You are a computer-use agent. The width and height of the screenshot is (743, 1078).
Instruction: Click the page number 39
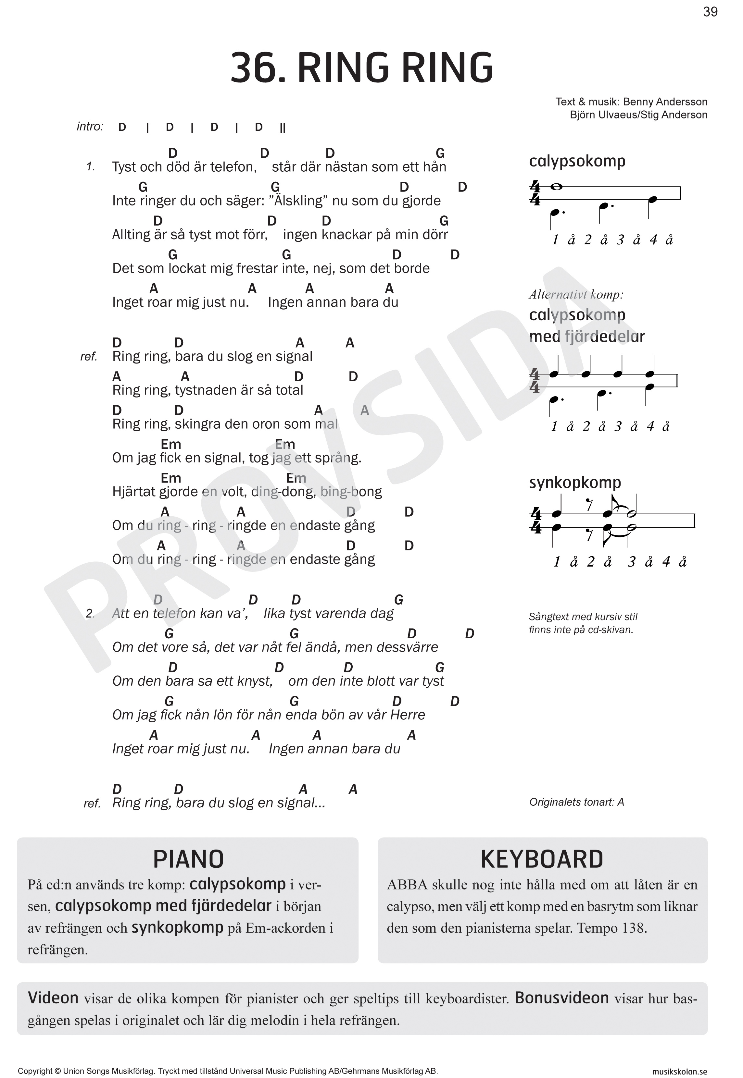pyautogui.click(x=710, y=12)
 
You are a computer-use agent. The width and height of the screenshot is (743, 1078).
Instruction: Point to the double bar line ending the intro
pyautogui.click(x=283, y=128)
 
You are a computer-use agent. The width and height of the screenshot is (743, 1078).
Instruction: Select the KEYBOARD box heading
pyautogui.click(x=542, y=859)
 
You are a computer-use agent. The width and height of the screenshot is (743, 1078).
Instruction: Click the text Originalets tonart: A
pyautogui.click(x=576, y=802)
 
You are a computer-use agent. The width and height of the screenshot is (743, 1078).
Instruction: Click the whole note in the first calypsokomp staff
pyautogui.click(x=556, y=187)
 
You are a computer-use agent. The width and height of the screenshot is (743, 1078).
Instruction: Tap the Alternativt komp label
pyautogui.click(x=576, y=295)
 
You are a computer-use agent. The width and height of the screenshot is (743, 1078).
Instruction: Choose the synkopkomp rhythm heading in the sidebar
pyautogui.click(x=575, y=483)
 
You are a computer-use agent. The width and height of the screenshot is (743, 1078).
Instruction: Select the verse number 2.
pyautogui.click(x=90, y=614)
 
